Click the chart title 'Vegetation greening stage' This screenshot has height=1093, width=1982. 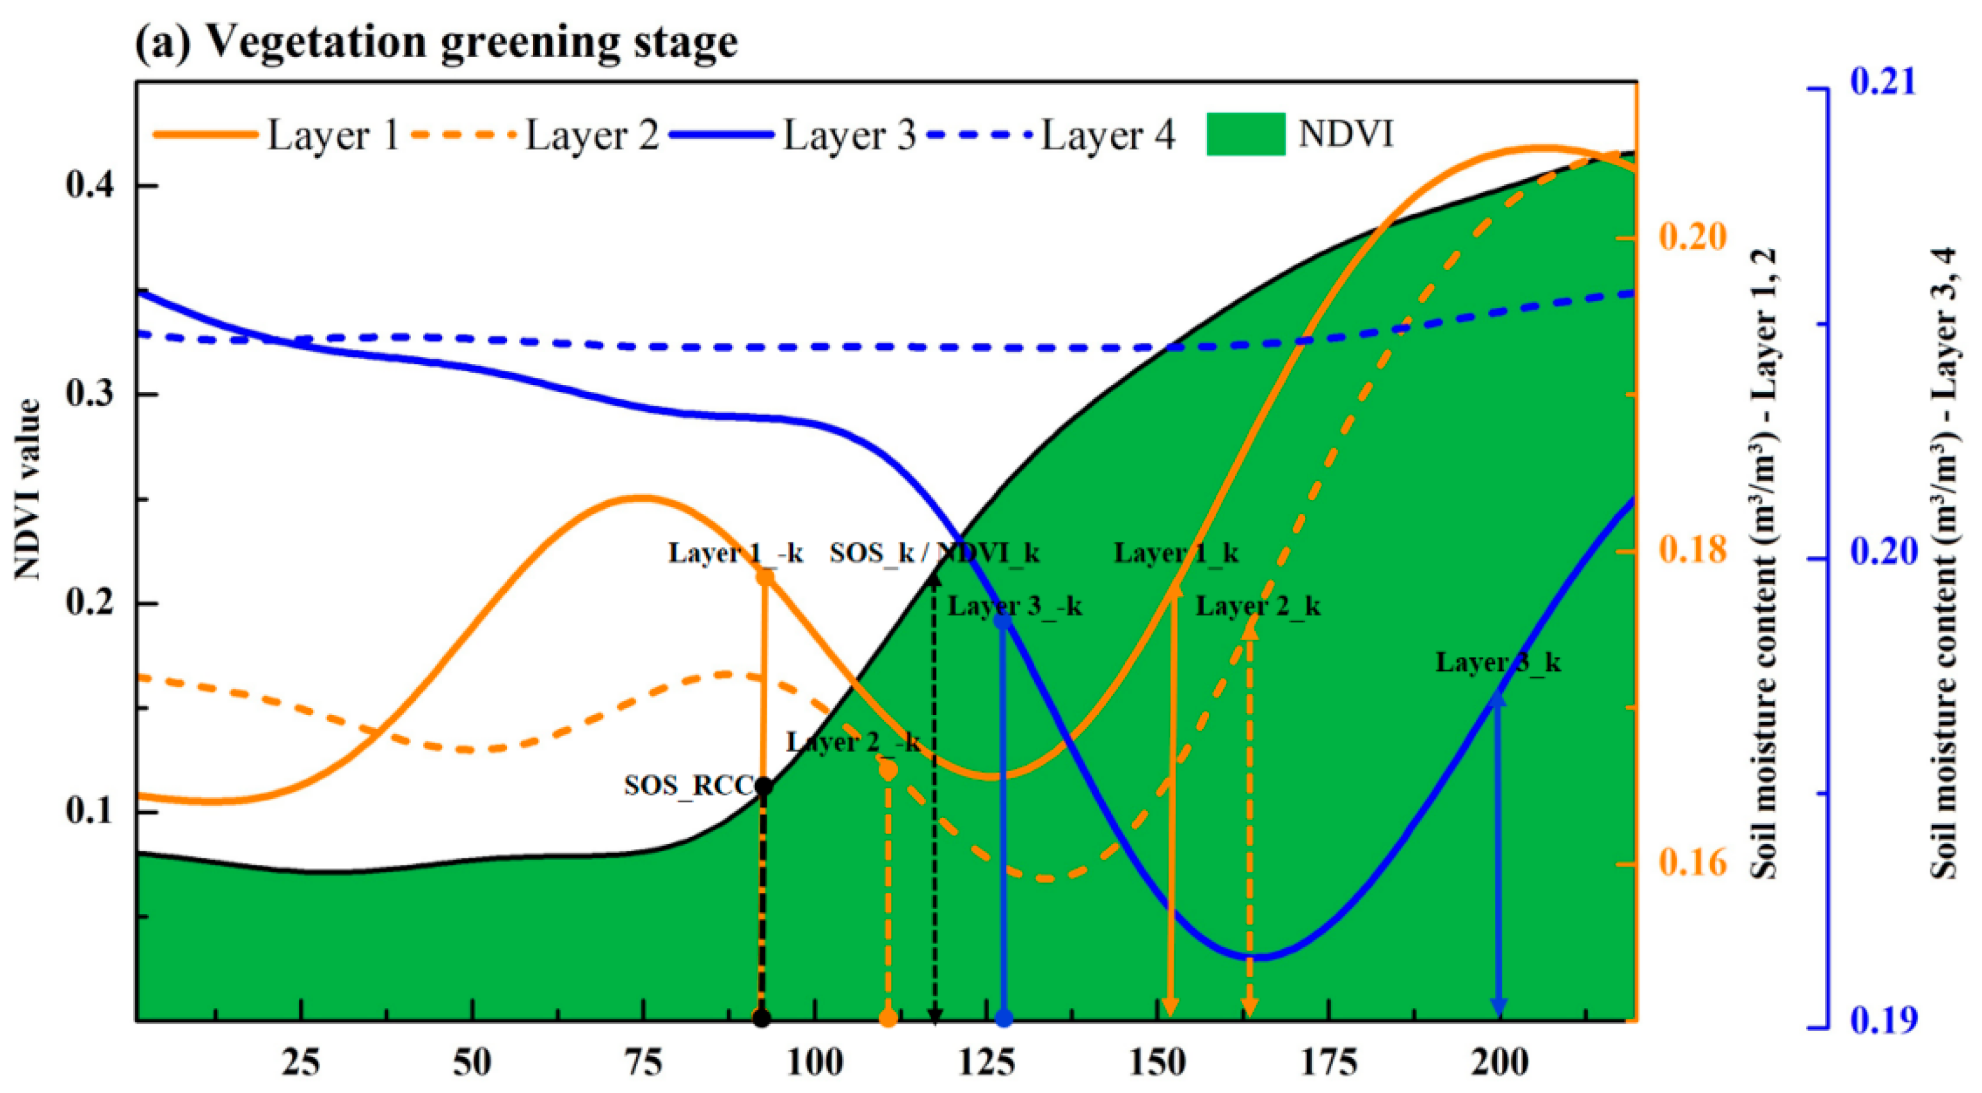click(x=472, y=42)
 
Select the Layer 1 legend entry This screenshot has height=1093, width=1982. click(x=331, y=136)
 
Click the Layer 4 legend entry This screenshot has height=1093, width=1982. click(x=1107, y=136)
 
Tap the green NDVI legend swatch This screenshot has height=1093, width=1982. click(x=1244, y=134)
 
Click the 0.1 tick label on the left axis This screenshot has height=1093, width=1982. click(x=91, y=812)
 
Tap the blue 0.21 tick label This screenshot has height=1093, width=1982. click(x=1883, y=83)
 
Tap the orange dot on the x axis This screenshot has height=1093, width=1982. click(x=888, y=1018)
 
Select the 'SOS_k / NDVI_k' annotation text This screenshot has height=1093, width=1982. click(x=934, y=553)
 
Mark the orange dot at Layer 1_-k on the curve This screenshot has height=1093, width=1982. click(x=765, y=576)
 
